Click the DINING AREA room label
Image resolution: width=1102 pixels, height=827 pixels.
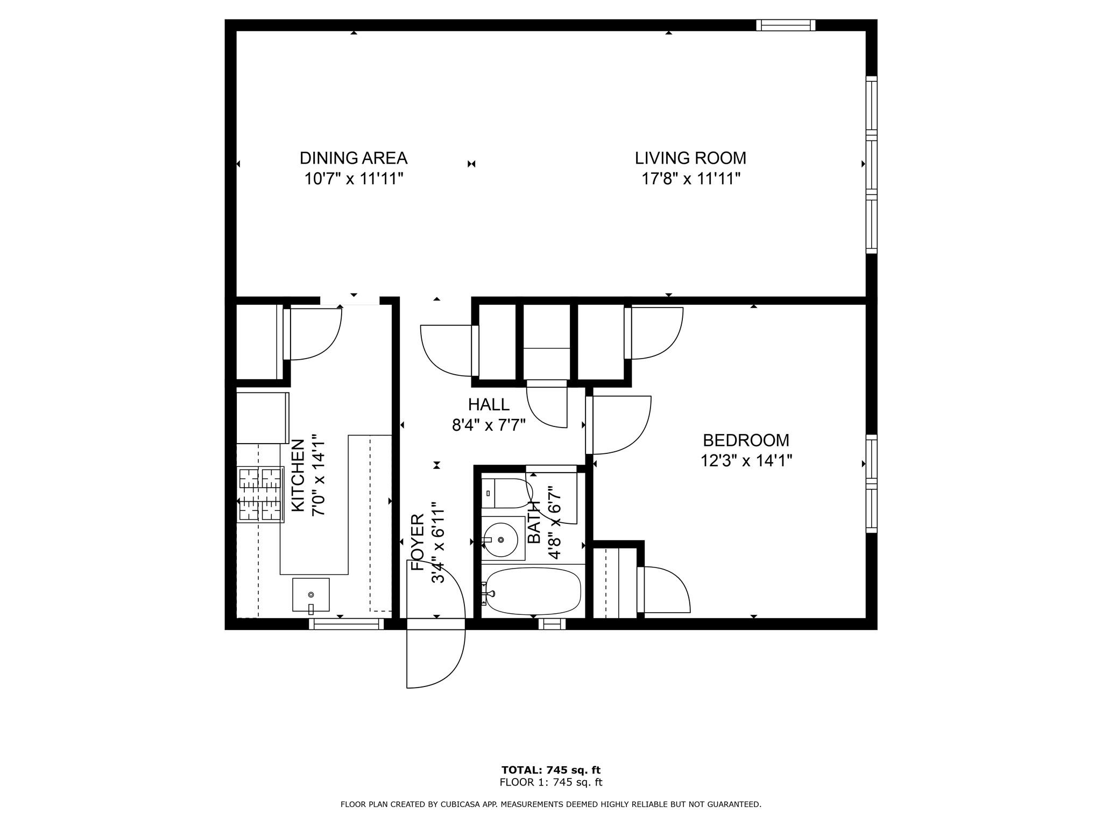tap(354, 158)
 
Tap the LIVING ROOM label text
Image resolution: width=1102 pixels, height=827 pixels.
tap(690, 158)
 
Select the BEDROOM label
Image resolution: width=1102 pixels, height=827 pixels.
tap(746, 440)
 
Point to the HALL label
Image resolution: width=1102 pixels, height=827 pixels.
tap(489, 404)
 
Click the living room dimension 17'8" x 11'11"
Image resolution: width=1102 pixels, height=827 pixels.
tap(691, 179)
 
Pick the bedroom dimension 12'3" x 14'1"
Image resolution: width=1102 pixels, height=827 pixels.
tap(746, 461)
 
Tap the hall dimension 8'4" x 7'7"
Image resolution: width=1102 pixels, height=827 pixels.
tap(489, 425)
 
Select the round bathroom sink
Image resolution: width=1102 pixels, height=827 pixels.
tap(500, 539)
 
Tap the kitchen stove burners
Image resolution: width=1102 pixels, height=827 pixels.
tap(260, 494)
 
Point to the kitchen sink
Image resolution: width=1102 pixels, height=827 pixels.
tap(310, 595)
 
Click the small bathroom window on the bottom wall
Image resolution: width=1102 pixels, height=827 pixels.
tap(552, 624)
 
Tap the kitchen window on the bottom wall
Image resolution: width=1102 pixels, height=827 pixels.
tap(347, 624)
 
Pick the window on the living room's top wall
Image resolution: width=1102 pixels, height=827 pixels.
tap(786, 25)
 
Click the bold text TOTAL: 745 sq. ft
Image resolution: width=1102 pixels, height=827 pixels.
tap(551, 770)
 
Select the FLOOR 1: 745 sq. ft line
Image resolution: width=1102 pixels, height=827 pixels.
tap(551, 782)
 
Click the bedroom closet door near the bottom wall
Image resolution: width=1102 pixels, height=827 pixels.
tap(663, 590)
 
